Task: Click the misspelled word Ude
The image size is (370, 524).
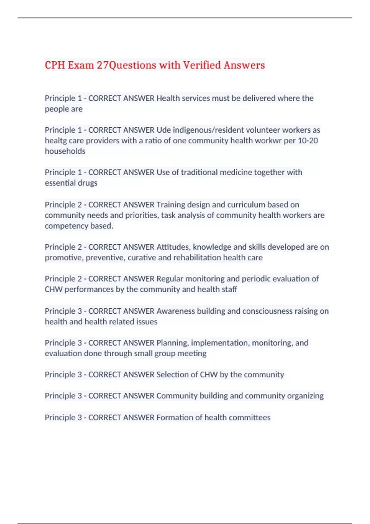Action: [x=163, y=130]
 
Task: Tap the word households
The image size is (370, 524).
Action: [x=65, y=151]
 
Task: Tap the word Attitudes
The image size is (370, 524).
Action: [x=172, y=247]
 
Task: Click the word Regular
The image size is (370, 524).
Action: [x=170, y=279]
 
